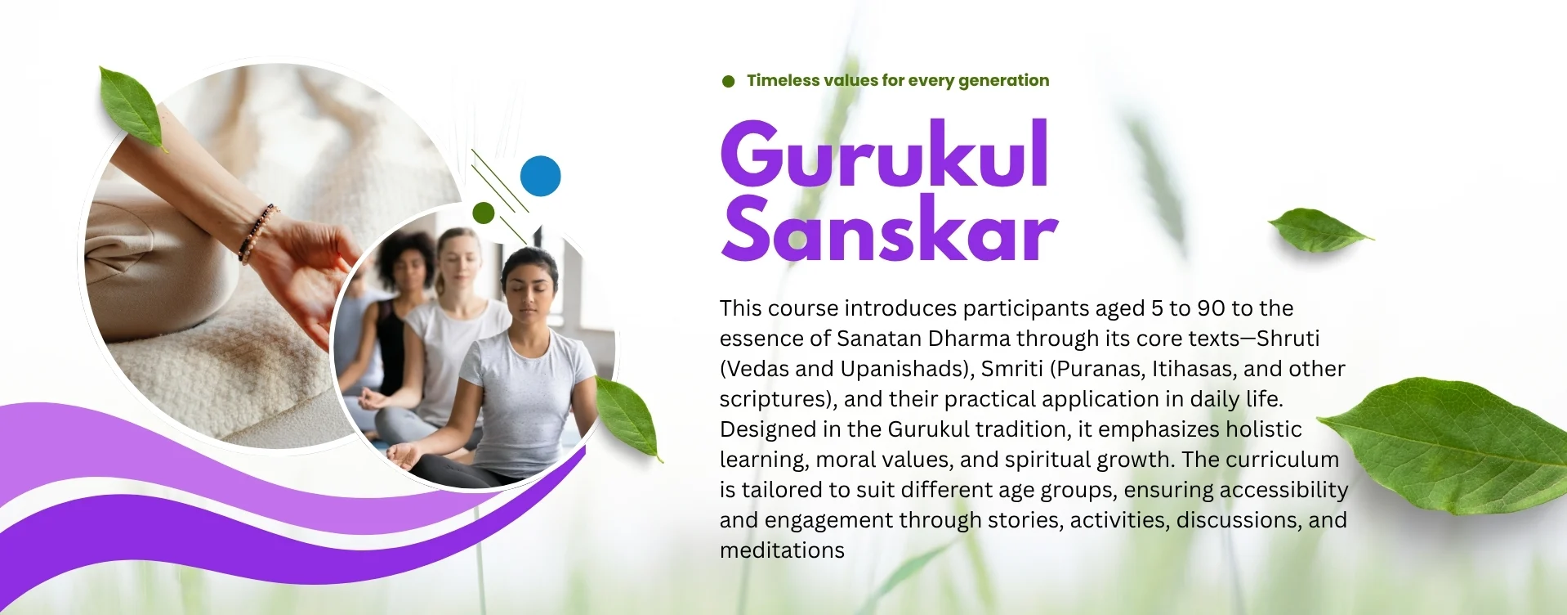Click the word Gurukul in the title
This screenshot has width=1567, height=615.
pos(885,155)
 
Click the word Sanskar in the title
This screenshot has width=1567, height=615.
pos(889,230)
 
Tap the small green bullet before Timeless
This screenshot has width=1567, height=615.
pos(728,81)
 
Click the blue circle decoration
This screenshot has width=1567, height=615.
pos(540,176)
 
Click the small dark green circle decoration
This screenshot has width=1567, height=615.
pos(483,213)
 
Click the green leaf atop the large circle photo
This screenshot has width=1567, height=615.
pos(132,107)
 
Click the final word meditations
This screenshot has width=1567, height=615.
pos(782,550)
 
